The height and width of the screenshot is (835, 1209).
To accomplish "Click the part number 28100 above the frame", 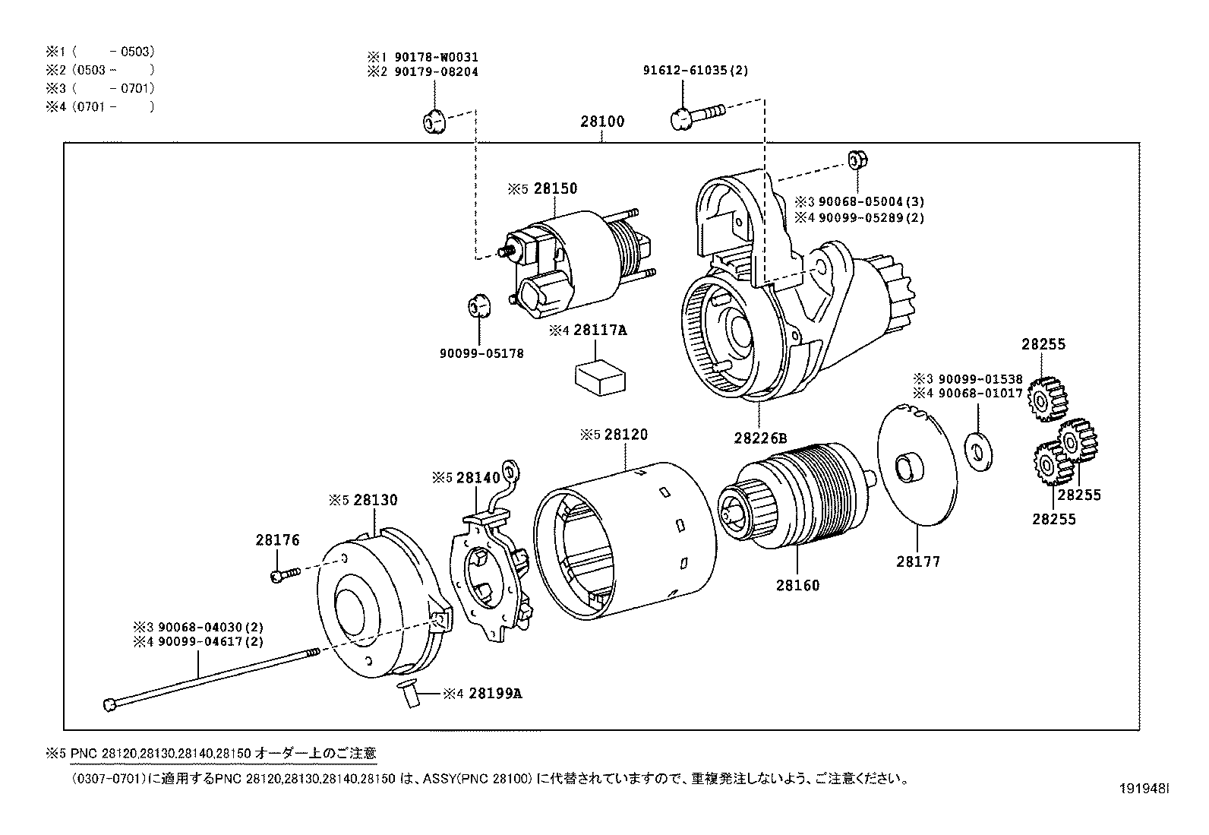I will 602,122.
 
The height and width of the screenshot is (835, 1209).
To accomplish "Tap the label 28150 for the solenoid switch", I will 555,188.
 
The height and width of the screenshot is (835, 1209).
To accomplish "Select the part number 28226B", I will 760,438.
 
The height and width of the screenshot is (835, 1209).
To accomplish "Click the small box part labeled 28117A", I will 599,378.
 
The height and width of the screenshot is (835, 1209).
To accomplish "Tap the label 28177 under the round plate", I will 917,561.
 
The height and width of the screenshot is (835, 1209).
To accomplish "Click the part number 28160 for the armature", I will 797,586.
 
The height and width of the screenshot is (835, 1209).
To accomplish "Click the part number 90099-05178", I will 481,354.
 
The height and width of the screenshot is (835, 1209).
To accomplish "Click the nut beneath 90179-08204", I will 433,121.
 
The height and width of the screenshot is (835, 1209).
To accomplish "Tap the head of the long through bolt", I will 109,704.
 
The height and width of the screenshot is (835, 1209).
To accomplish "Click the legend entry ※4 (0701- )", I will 100,107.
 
